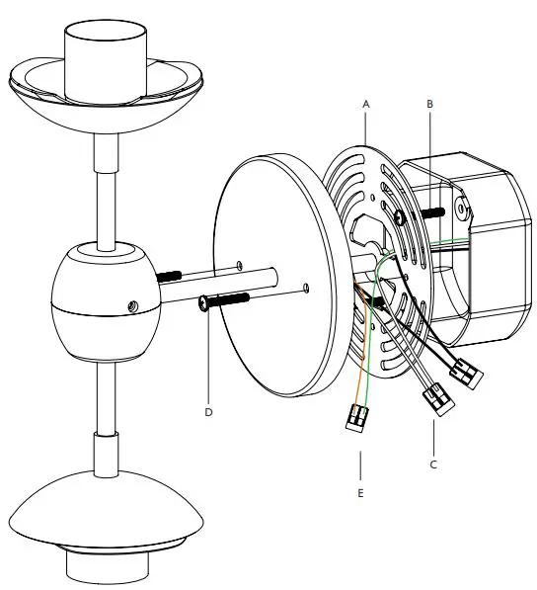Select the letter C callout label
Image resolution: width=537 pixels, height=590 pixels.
pyautogui.click(x=433, y=462)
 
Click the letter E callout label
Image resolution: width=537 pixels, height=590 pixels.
pyautogui.click(x=361, y=489)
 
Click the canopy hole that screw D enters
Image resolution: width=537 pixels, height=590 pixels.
pyautogui.click(x=307, y=289)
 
